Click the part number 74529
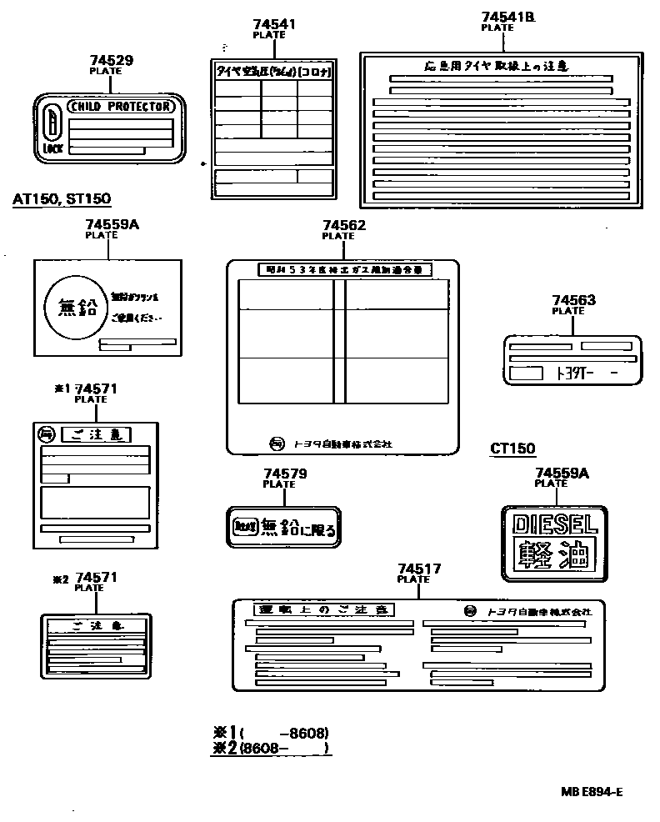click(112, 61)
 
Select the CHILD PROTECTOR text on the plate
click(121, 106)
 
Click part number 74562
click(343, 226)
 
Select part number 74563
click(574, 300)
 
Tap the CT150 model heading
click(512, 449)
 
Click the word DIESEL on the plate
click(553, 524)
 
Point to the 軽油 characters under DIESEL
click(553, 554)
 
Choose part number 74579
click(285, 474)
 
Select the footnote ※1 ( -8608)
click(272, 733)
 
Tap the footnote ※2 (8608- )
click(272, 749)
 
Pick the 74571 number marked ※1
click(96, 388)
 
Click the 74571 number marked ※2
click(96, 577)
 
